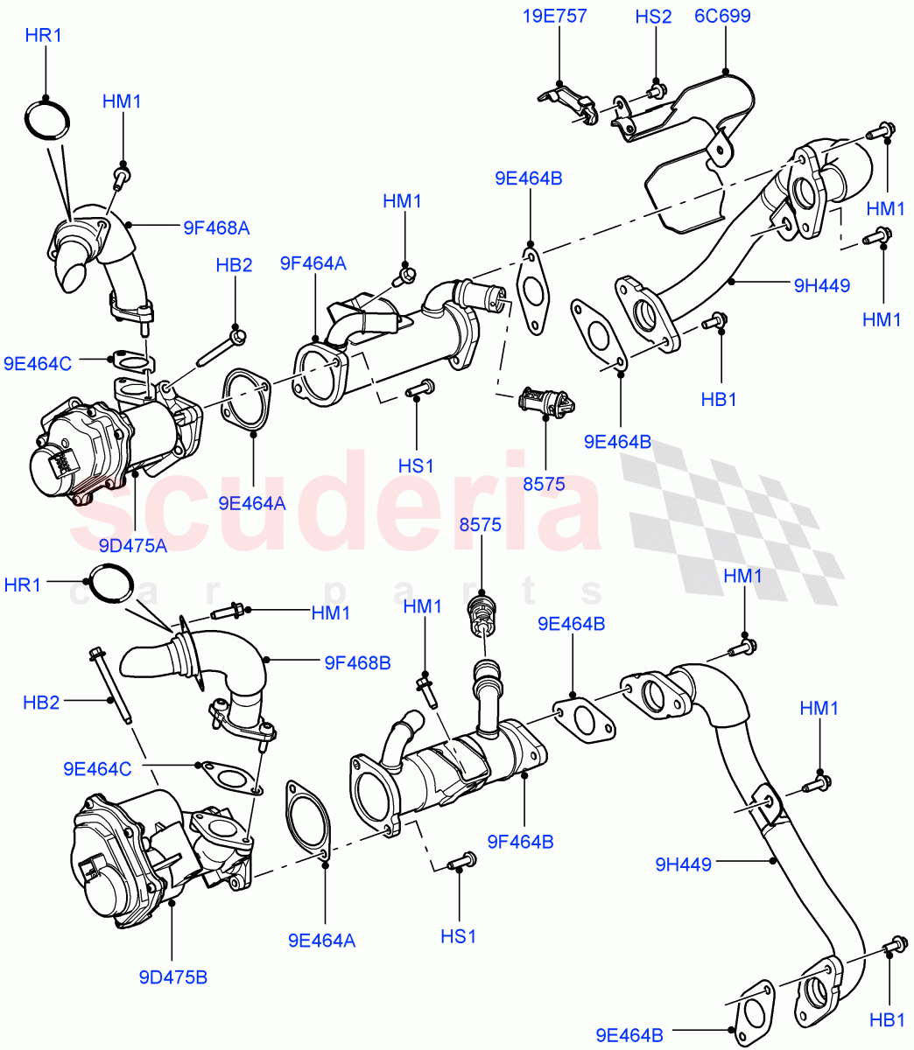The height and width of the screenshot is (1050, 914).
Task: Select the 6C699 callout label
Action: (722, 16)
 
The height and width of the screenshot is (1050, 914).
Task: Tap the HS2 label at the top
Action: (653, 16)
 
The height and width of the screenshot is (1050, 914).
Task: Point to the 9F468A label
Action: (216, 227)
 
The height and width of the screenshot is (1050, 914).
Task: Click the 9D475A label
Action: (134, 546)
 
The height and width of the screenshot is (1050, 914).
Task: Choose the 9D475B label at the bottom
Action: (172, 976)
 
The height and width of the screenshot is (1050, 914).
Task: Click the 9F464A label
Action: (313, 262)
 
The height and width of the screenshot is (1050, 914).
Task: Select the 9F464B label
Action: (522, 842)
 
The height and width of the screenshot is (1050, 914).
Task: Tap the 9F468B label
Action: (357, 662)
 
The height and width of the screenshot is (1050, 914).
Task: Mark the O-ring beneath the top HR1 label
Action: (47, 119)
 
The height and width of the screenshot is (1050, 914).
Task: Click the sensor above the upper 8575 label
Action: (545, 403)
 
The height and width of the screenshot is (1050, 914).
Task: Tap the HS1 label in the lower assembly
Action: (458, 936)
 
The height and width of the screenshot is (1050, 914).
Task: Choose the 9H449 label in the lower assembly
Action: (683, 864)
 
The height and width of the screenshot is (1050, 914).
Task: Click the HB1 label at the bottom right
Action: (888, 1018)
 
